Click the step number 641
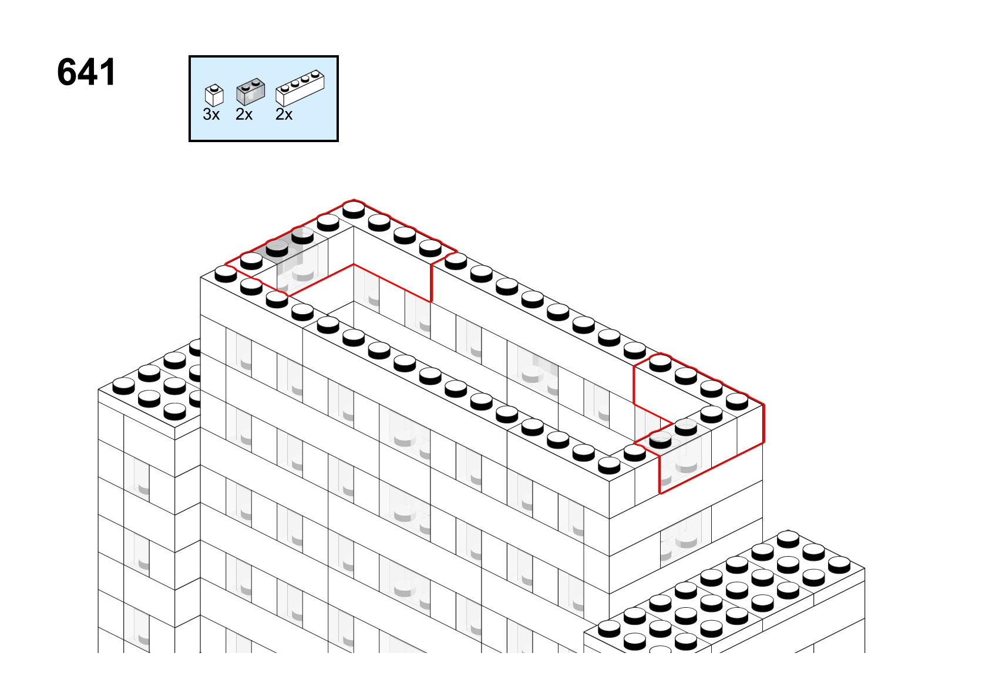(x=86, y=72)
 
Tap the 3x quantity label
(x=211, y=115)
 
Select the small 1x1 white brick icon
(x=214, y=95)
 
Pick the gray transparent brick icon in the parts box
(x=250, y=92)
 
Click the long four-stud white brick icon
(x=300, y=88)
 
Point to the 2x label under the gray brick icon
(x=244, y=115)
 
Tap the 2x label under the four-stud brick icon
(x=284, y=115)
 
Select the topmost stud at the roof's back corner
(x=354, y=209)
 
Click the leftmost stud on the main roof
(x=226, y=274)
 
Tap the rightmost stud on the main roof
(x=737, y=401)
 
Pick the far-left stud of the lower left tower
(x=123, y=386)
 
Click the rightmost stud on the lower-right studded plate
(x=839, y=565)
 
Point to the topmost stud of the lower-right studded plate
(x=788, y=539)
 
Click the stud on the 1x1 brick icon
(x=214, y=87)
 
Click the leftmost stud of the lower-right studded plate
(x=609, y=629)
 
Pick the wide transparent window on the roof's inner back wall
(x=533, y=373)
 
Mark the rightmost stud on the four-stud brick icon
(x=315, y=74)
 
